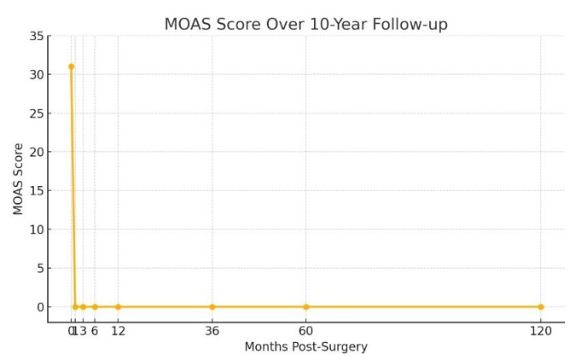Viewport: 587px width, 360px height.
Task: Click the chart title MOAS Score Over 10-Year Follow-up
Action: [x=317, y=25]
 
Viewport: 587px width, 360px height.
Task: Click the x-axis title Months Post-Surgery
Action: [x=305, y=347]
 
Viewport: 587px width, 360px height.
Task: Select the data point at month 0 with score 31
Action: [x=71, y=67]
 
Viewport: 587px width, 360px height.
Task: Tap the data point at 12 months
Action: [x=118, y=307]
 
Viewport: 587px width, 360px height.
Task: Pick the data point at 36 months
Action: [x=212, y=307]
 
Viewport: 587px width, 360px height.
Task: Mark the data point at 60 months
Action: [x=306, y=307]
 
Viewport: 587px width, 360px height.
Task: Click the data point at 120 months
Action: [x=540, y=307]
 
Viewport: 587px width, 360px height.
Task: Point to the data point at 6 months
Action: [x=95, y=307]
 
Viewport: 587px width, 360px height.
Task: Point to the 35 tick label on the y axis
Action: [x=36, y=36]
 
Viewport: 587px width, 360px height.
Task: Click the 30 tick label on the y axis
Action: [x=36, y=75]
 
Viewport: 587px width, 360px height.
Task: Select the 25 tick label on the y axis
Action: [x=36, y=113]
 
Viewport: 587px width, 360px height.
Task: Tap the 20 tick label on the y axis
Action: [x=36, y=152]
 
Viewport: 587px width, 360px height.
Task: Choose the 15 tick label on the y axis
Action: [x=36, y=191]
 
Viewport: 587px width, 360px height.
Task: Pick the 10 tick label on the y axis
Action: [x=36, y=229]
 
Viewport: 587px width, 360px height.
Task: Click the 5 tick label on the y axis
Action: [x=39, y=269]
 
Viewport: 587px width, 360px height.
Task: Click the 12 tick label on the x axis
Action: [x=118, y=331]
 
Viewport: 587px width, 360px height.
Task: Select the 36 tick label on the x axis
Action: [x=212, y=331]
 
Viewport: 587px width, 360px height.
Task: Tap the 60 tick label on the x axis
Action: [x=306, y=331]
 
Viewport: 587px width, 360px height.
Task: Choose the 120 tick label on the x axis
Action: [x=540, y=331]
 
